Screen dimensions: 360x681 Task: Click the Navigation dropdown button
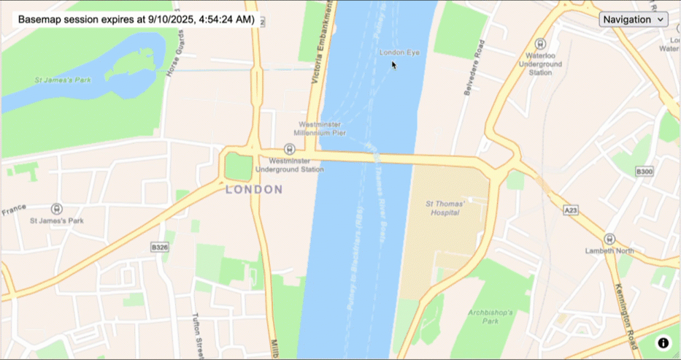(633, 19)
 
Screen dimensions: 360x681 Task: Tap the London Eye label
(400, 53)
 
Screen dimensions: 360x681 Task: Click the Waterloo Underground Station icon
(540, 44)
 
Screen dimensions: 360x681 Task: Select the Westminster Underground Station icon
(289, 148)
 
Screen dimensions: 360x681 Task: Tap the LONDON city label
(254, 190)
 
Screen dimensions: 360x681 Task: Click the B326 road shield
(160, 248)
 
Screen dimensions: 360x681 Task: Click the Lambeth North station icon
(609, 239)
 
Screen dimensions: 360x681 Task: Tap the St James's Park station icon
(56, 209)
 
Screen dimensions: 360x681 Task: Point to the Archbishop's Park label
(493, 316)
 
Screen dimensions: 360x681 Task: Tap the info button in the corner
(663, 342)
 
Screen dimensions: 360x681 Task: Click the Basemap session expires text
(136, 20)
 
